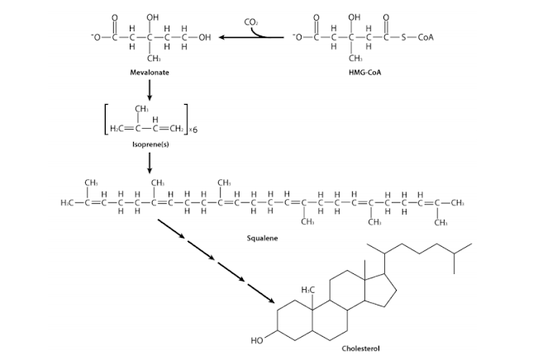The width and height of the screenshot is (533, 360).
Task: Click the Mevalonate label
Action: coord(151,73)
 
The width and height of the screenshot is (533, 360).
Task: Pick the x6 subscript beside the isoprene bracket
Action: coord(195,130)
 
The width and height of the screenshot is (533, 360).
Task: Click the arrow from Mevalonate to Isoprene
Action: coord(150,91)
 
